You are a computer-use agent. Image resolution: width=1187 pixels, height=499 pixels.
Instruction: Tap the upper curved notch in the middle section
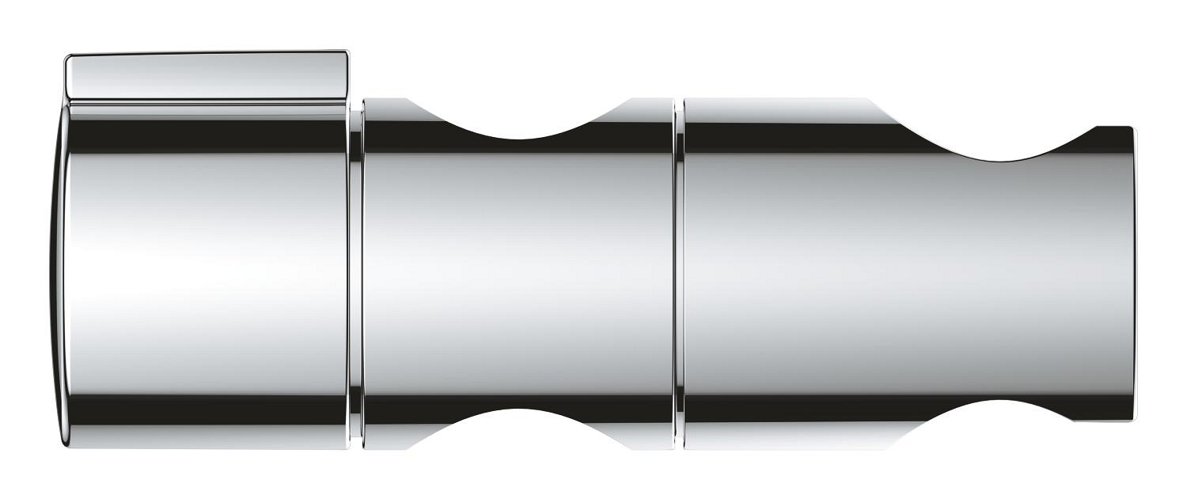518,127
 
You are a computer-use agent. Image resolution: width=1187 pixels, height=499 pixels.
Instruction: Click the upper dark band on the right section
831,136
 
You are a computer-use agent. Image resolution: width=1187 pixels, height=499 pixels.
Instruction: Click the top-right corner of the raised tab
346,54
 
